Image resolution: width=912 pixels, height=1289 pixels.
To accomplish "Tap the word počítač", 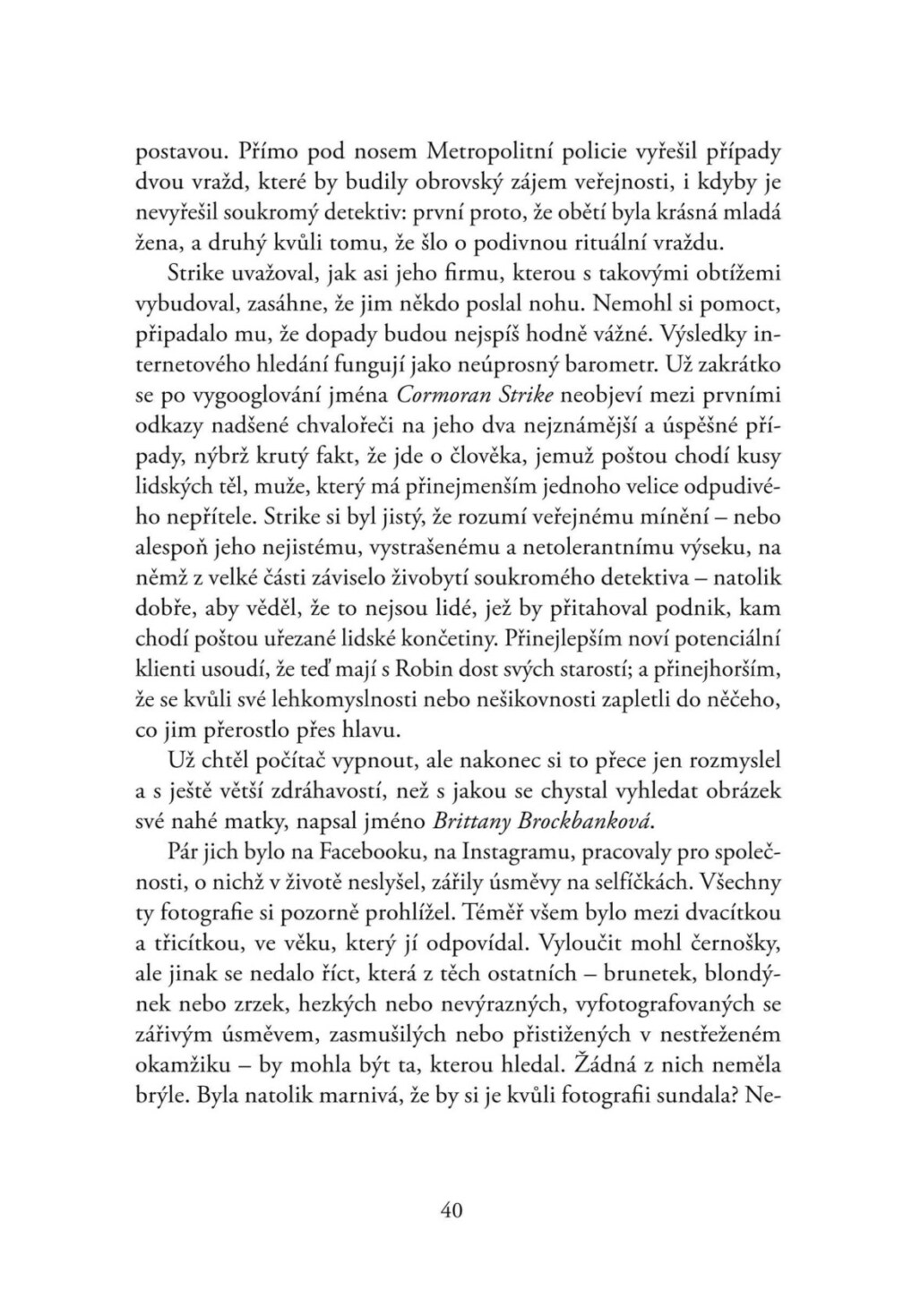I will coord(279,761).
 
